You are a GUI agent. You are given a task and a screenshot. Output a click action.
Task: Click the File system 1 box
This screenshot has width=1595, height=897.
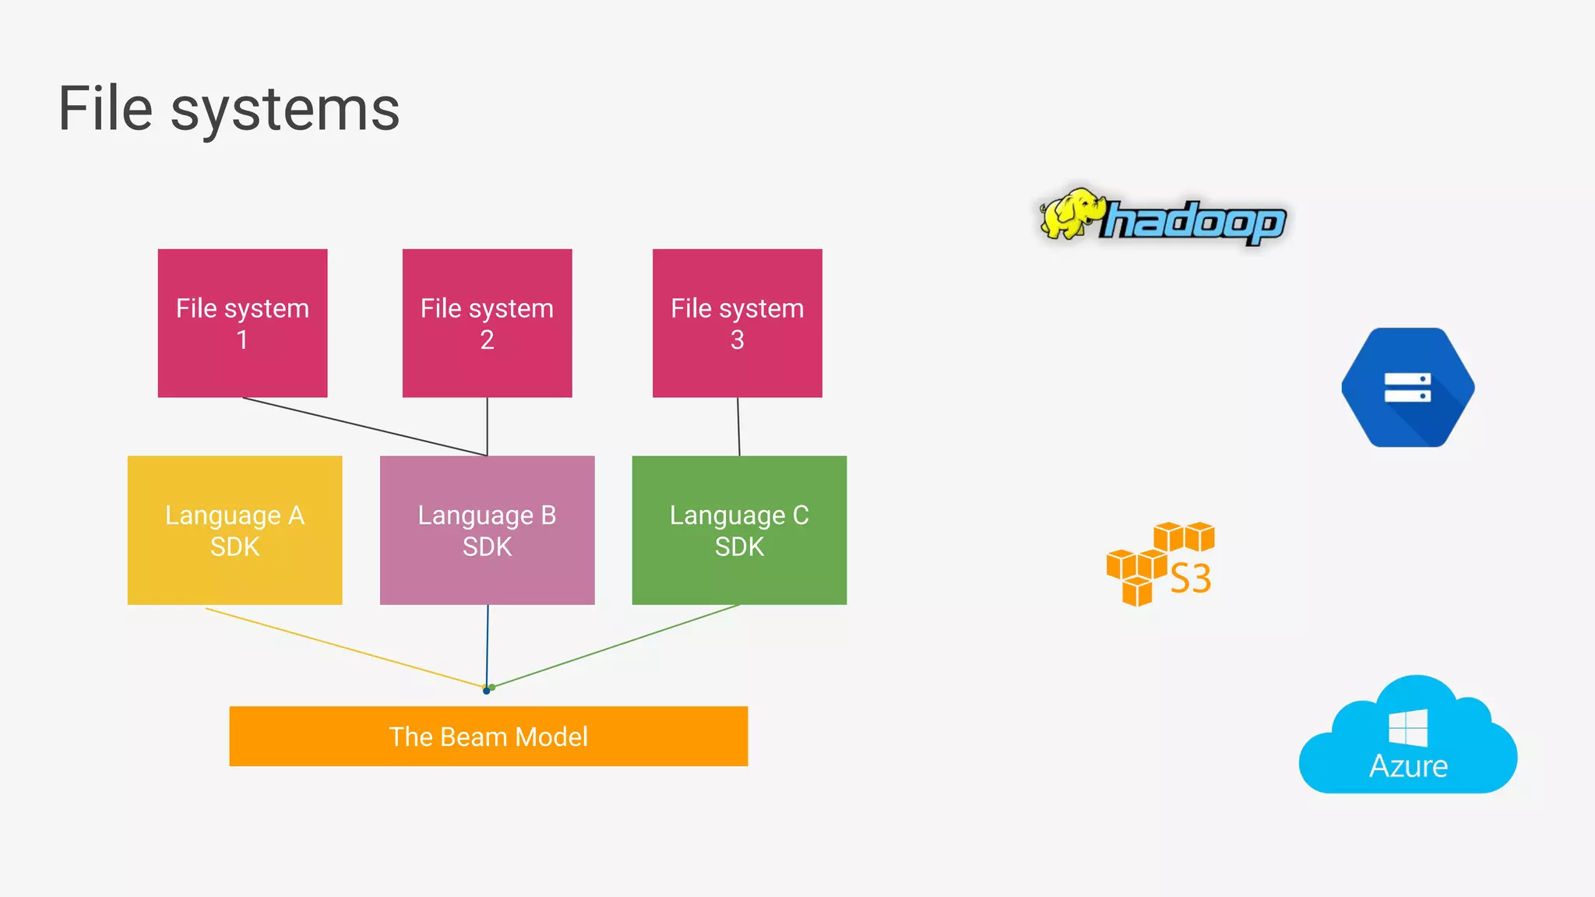(242, 323)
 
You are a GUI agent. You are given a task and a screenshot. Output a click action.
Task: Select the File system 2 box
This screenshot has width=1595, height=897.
(487, 323)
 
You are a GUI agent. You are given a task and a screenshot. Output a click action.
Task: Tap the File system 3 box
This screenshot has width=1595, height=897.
(737, 323)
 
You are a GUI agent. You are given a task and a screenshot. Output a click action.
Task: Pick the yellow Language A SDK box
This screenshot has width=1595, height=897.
(234, 530)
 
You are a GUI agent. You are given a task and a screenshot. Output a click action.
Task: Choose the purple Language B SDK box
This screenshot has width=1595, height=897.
(487, 530)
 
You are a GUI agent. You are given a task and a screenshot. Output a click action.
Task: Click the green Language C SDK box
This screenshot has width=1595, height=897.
(739, 530)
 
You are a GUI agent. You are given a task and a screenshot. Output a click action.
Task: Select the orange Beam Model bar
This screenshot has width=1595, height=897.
(488, 736)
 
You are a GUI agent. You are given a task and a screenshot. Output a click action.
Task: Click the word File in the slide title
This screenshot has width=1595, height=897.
(105, 109)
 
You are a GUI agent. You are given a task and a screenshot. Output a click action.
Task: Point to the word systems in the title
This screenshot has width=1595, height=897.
(285, 111)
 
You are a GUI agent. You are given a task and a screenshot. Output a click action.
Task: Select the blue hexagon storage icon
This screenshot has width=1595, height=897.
(1407, 387)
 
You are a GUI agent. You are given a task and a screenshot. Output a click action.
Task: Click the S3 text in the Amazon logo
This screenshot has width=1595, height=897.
(1191, 579)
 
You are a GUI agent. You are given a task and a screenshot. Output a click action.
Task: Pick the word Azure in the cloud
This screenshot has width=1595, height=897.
(1408, 766)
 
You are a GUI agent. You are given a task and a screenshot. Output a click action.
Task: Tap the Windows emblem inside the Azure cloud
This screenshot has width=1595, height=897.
(1408, 728)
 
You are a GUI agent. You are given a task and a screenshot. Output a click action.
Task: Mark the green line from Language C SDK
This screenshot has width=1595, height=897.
(615, 646)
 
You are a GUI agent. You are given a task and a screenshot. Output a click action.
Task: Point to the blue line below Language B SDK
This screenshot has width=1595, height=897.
(488, 646)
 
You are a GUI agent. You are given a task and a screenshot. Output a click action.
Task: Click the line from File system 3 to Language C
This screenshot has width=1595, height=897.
(738, 427)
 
